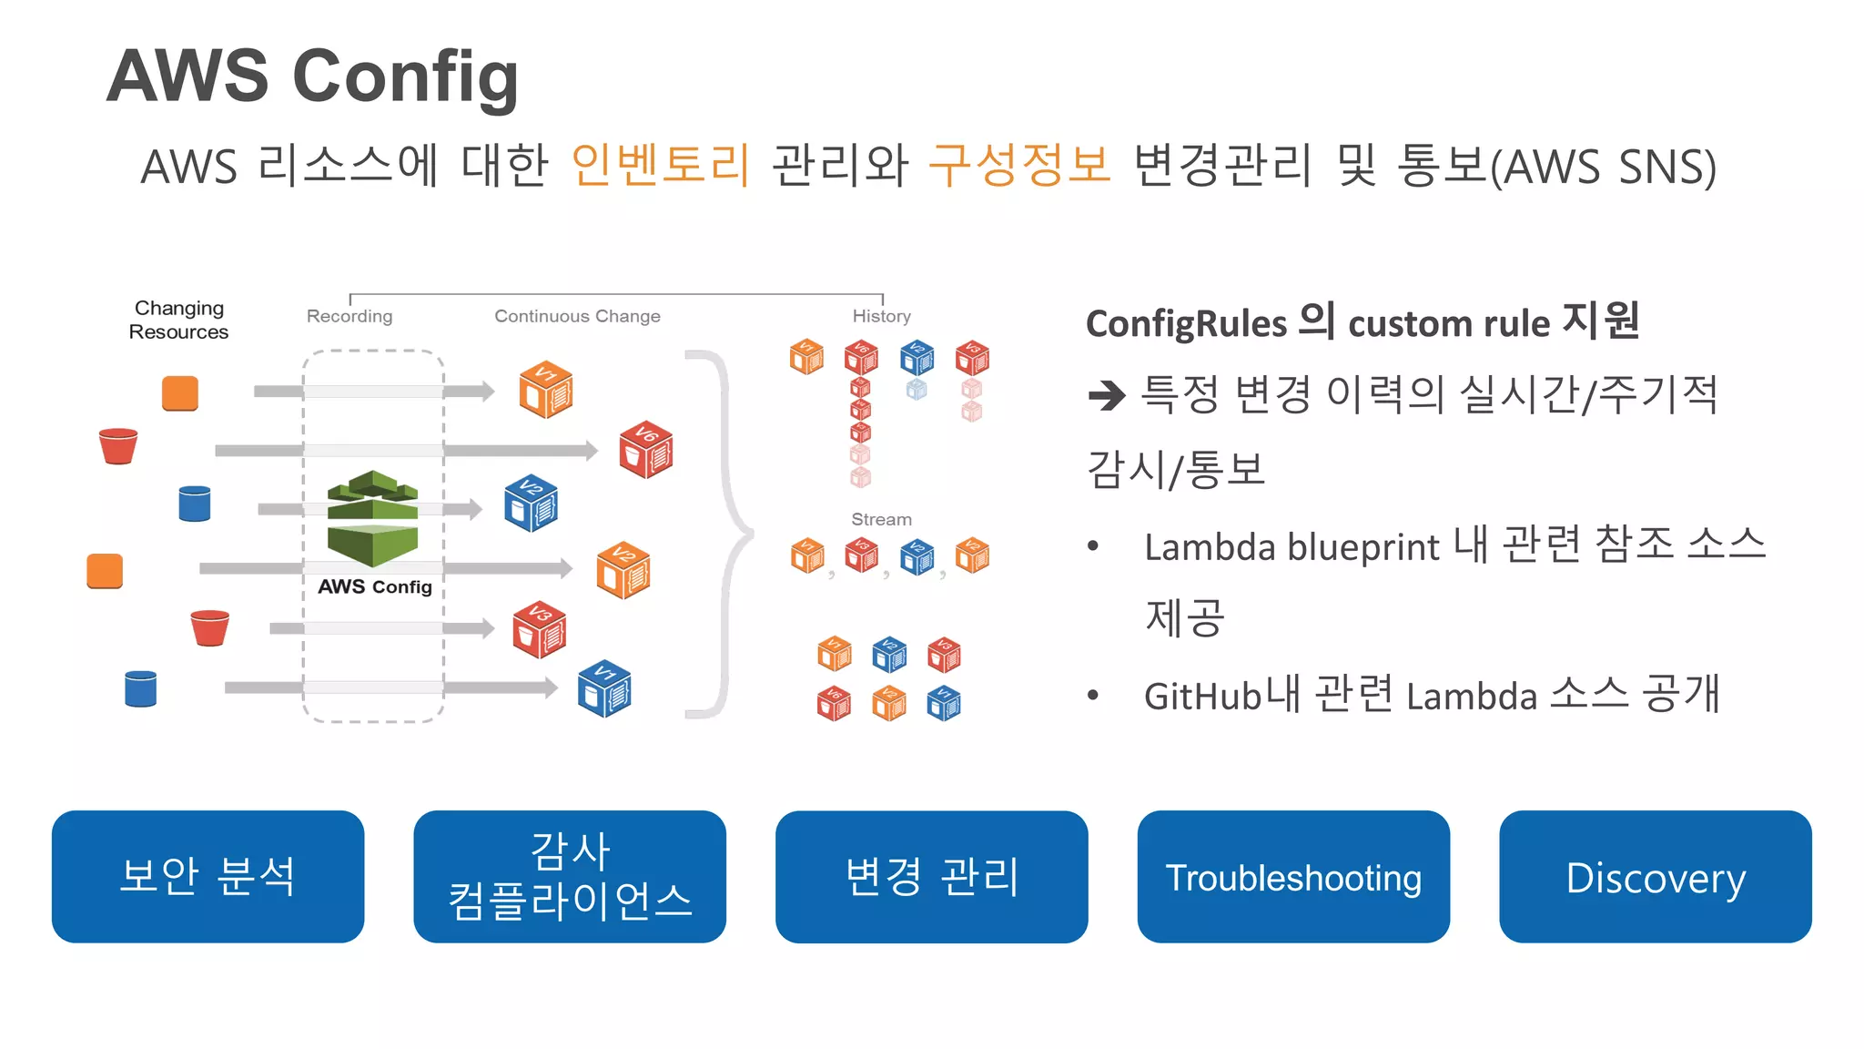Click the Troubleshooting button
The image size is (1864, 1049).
pyautogui.click(x=1292, y=877)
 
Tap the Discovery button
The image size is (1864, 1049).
pyautogui.click(x=1655, y=877)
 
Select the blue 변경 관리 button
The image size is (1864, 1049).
pyautogui.click(x=931, y=877)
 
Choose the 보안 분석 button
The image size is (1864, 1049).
pyautogui.click(x=208, y=877)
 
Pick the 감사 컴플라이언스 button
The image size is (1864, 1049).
pyautogui.click(x=569, y=877)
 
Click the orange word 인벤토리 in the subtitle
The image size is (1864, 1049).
pyautogui.click(x=660, y=166)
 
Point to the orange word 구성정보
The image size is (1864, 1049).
pyautogui.click(x=1019, y=166)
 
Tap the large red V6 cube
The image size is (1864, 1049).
pyautogui.click(x=645, y=450)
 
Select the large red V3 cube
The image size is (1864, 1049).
pyautogui.click(x=539, y=630)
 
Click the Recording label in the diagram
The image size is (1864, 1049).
pyautogui.click(x=349, y=316)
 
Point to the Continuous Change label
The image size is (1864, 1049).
pyautogui.click(x=577, y=316)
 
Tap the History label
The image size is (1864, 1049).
pyautogui.click(x=881, y=316)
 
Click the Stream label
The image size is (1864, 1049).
pyautogui.click(x=881, y=519)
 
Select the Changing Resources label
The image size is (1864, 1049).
pyautogui.click(x=178, y=320)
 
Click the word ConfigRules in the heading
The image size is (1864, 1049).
pyautogui.click(x=1186, y=324)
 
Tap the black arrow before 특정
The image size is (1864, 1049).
pyautogui.click(x=1107, y=395)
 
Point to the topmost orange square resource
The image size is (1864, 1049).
pyautogui.click(x=180, y=393)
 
